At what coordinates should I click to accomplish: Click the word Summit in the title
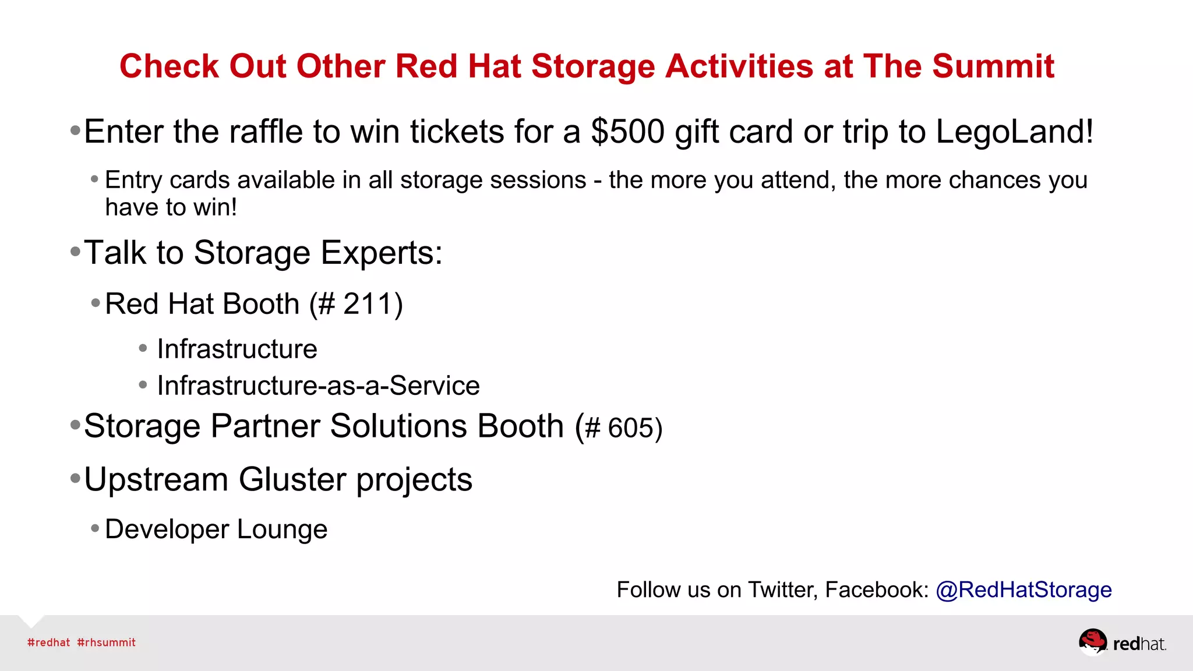coord(993,66)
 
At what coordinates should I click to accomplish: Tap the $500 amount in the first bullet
coord(627,132)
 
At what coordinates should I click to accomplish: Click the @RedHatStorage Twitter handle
coord(1023,589)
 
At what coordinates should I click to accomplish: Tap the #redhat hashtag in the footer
coord(49,642)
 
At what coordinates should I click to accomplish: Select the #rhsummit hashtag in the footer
coord(106,642)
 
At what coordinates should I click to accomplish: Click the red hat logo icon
coord(1092,642)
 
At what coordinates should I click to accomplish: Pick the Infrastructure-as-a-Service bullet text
coord(318,386)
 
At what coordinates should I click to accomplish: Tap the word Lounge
coord(282,529)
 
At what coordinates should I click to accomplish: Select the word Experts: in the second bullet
coord(382,253)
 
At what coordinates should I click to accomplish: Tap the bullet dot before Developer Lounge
coord(96,529)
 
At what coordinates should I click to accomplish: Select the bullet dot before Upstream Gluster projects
coord(75,479)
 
